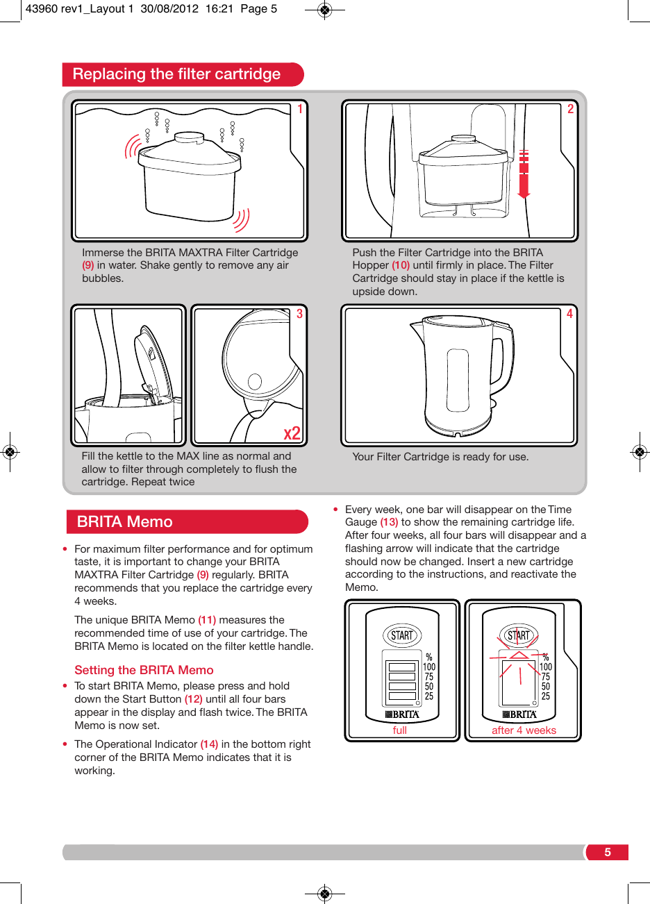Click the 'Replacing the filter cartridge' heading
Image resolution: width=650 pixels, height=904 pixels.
pos(176,74)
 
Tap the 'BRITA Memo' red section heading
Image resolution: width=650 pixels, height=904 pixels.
pos(125,522)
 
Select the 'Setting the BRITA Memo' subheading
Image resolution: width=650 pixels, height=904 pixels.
pos(144,670)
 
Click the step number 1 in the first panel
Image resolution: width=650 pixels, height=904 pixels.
pos(300,109)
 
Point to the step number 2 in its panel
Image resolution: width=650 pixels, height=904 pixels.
pos(570,109)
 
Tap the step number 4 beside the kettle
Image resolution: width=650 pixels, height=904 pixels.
pos(569,314)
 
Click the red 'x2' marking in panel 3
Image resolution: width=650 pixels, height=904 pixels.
pos(292,433)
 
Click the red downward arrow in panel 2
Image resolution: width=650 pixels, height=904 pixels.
pos(524,174)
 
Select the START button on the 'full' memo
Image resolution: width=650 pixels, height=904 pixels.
pos(402,635)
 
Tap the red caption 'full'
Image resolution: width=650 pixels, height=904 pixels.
pos(400,730)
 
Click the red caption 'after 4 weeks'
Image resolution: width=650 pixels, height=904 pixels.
pos(524,730)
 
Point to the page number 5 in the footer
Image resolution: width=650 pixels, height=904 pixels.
pos(608,853)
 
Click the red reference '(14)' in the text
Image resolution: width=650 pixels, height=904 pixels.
pos(209,744)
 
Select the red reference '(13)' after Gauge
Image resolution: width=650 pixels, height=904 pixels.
pos(389,522)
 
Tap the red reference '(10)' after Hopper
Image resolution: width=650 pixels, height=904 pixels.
pos(401,265)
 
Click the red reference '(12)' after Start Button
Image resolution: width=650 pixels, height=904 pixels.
pos(193,699)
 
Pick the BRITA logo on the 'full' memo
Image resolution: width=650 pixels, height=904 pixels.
pos(402,714)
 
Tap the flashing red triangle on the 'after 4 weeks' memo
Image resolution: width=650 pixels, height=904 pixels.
pos(519,655)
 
